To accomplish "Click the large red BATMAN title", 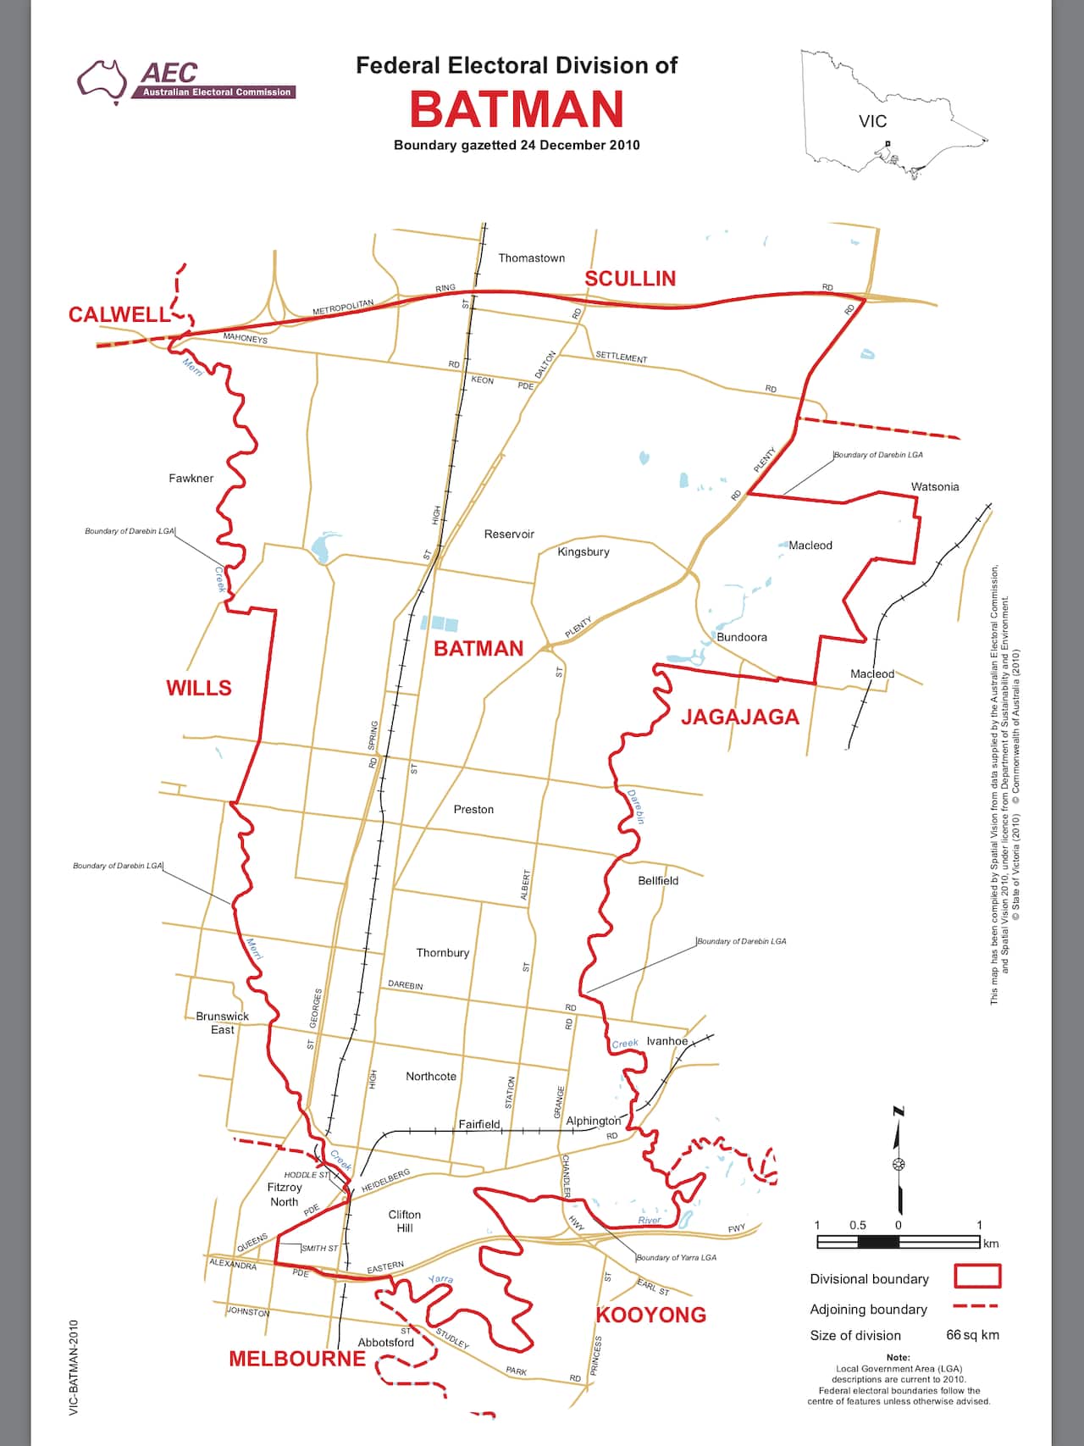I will (x=517, y=109).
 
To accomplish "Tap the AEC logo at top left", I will (x=185, y=80).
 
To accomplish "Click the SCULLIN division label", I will (x=630, y=279).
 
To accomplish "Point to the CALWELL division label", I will (x=119, y=314).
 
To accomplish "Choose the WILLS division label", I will (x=199, y=688).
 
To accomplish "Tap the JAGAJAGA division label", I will (x=740, y=717).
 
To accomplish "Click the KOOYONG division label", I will (x=651, y=1316).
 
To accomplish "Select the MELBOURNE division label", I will (x=297, y=1359).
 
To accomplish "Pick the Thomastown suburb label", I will (x=531, y=258).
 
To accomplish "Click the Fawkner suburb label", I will (x=191, y=479).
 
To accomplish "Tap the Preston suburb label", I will (x=473, y=810).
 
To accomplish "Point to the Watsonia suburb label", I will (x=935, y=487).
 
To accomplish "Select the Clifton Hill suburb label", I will (x=405, y=1221).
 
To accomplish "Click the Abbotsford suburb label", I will (x=386, y=1342).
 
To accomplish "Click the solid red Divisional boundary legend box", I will (x=977, y=1277).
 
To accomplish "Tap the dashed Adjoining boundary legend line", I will (x=976, y=1307).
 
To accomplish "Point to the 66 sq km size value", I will (x=972, y=1336).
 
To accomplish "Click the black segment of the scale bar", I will (x=878, y=1242).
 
